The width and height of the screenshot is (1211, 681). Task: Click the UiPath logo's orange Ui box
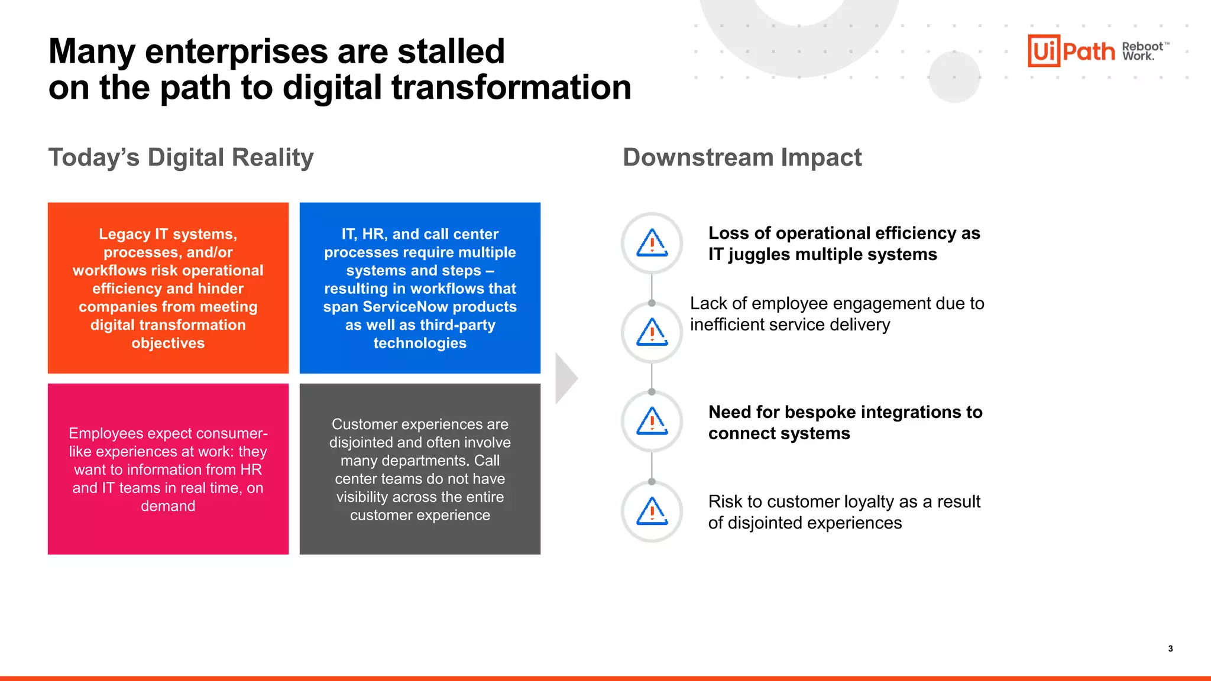point(1044,51)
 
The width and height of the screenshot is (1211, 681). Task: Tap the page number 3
point(1170,648)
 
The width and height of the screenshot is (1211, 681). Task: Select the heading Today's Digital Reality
point(180,157)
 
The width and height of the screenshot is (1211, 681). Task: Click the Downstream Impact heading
point(742,157)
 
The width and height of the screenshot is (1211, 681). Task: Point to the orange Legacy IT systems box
point(168,288)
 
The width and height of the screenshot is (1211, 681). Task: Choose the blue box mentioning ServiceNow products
point(420,288)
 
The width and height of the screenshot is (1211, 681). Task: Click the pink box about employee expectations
point(168,469)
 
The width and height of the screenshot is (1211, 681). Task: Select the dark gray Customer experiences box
point(420,469)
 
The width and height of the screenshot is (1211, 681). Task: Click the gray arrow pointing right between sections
point(566,378)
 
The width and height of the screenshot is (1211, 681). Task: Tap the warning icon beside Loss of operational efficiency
point(652,243)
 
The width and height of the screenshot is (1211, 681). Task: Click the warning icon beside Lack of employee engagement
point(652,332)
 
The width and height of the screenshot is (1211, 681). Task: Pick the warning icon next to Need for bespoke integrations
point(652,421)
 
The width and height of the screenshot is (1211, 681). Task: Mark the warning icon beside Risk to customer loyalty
point(652,511)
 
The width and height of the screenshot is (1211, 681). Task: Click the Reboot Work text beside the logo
point(1144,51)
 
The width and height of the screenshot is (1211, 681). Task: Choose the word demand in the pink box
point(168,506)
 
